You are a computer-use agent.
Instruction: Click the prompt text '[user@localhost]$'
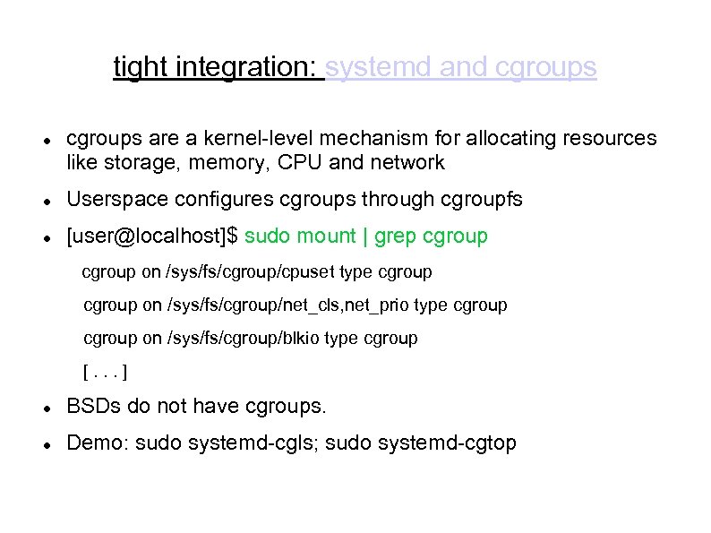coord(153,236)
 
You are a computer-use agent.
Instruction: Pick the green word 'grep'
coord(395,236)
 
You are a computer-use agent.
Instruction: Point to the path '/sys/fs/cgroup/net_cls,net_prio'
coord(288,305)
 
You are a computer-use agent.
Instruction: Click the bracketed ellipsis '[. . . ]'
coord(98,371)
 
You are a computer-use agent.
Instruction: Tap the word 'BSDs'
coord(94,406)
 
